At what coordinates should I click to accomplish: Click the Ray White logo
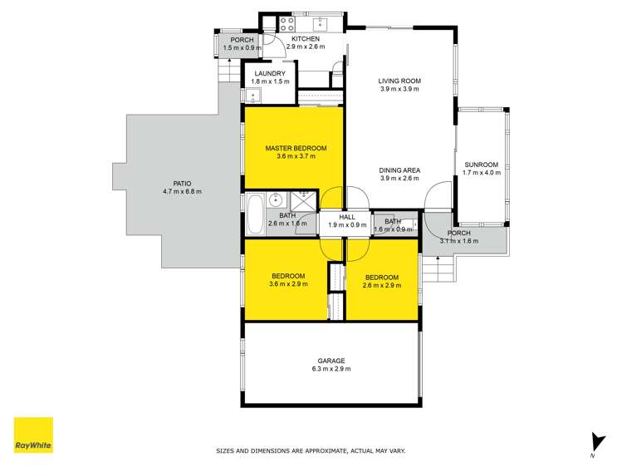coord(33,435)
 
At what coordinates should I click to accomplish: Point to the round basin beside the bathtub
coord(277,201)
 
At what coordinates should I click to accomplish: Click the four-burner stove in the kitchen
coord(289,22)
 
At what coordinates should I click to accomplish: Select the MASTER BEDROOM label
coord(296,148)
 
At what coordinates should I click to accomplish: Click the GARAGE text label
coord(330,361)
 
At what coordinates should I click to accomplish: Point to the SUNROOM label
coord(481,165)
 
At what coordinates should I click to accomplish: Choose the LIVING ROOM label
coord(400,81)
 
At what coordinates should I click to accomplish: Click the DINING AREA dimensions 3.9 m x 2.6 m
coord(400,179)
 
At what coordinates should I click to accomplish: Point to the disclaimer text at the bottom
coord(311,451)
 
